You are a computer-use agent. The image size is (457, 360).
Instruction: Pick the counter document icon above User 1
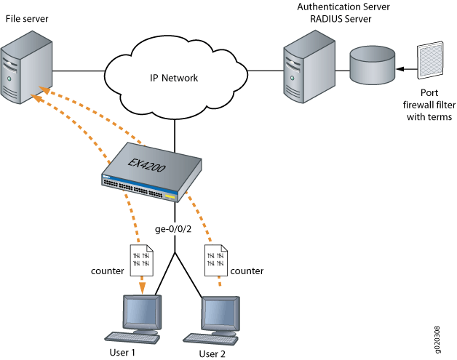141,260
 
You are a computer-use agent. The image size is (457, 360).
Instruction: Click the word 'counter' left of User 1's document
107,270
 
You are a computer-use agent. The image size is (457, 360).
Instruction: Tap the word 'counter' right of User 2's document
247,270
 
